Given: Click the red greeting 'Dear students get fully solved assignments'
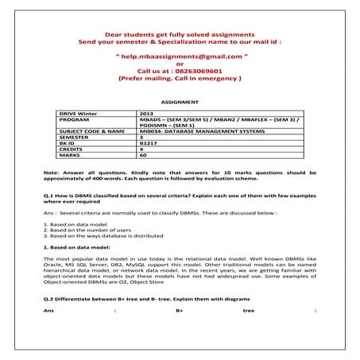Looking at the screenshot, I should coord(180,33).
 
